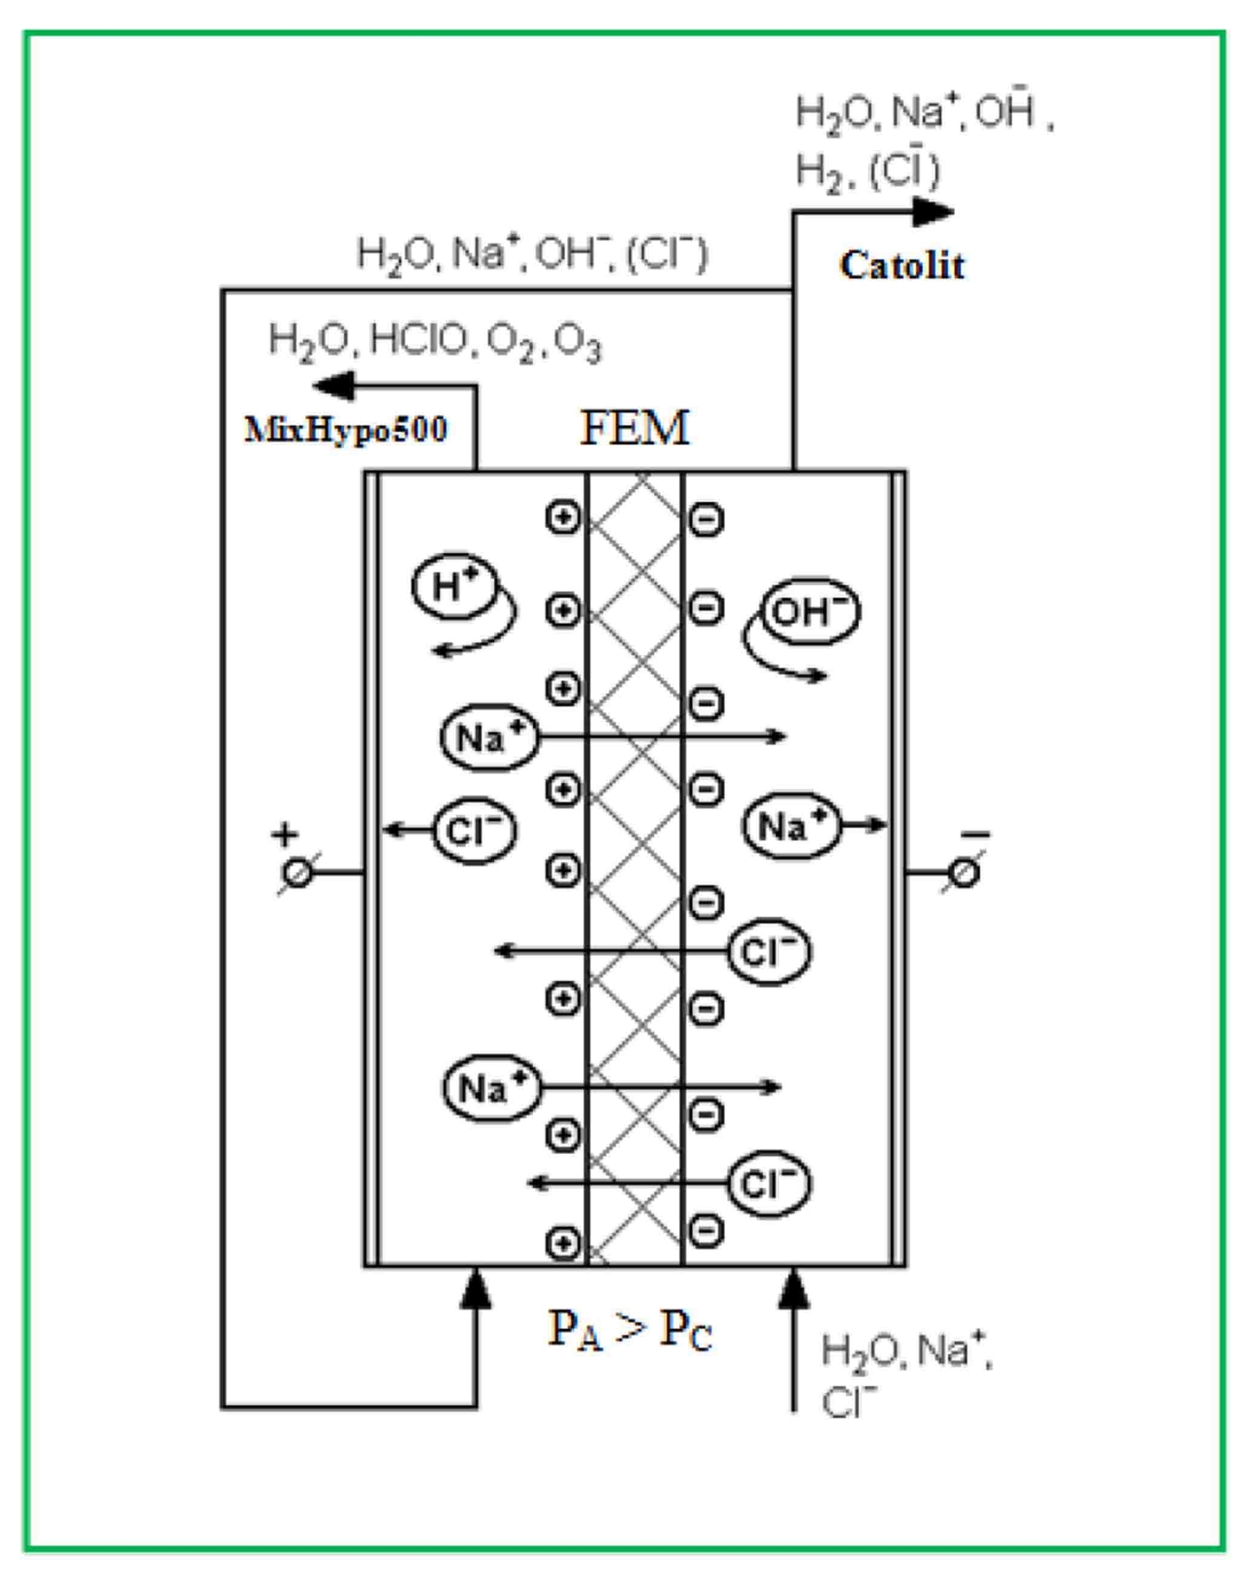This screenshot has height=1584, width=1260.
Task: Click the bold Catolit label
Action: pyautogui.click(x=901, y=266)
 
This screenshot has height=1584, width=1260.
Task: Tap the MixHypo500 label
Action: pyautogui.click(x=346, y=430)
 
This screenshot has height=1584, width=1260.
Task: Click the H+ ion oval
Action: pyautogui.click(x=455, y=585)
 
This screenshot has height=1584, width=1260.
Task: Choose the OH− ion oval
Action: pyautogui.click(x=809, y=611)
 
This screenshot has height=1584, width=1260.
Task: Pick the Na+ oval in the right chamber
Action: pyautogui.click(x=791, y=825)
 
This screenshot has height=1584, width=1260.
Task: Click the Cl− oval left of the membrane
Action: pyautogui.click(x=474, y=830)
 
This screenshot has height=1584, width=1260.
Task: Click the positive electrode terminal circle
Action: pyautogui.click(x=297, y=872)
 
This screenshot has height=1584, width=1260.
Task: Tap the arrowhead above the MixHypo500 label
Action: pyautogui.click(x=335, y=385)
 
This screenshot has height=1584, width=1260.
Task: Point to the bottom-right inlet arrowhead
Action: pyautogui.click(x=794, y=1289)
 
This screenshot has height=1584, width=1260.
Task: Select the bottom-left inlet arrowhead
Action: pyautogui.click(x=475, y=1289)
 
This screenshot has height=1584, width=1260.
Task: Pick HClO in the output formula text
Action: pyautogui.click(x=418, y=339)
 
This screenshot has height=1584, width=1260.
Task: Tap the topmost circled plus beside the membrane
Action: pyautogui.click(x=563, y=517)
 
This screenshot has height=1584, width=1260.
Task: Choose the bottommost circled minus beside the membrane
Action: pyautogui.click(x=706, y=1231)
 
